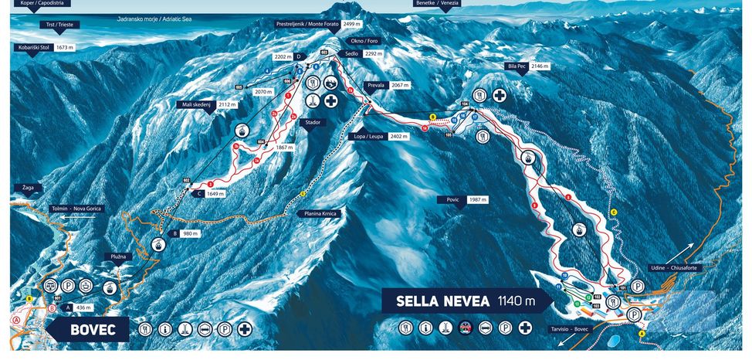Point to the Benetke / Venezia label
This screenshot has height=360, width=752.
point(438,3)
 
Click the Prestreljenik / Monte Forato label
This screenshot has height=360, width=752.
point(305,24)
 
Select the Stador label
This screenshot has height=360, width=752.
point(313,122)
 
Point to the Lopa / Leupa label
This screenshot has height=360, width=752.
point(368,136)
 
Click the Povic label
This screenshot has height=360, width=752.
point(453,199)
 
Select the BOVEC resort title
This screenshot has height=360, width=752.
point(93,330)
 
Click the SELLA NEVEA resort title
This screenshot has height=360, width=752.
point(442,301)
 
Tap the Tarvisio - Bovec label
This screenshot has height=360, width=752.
point(571,328)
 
